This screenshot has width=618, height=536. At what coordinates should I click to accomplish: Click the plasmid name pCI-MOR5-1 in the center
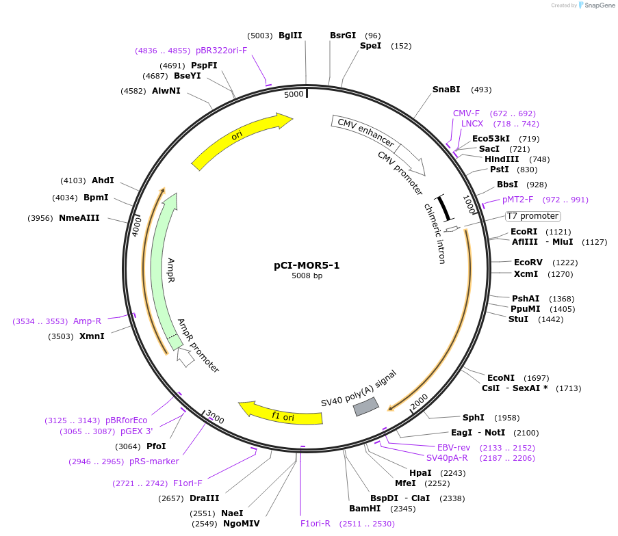(307, 265)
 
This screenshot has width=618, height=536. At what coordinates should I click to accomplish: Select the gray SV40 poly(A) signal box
(365, 407)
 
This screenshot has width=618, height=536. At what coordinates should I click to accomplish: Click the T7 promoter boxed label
(532, 216)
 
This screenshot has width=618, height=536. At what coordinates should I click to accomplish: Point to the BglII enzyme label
(290, 36)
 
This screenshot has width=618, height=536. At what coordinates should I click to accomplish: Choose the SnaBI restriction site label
(446, 90)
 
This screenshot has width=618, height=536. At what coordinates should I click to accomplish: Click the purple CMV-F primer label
(466, 113)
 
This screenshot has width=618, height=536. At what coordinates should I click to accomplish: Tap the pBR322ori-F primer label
(221, 51)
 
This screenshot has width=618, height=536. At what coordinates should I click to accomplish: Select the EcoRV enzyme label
(528, 263)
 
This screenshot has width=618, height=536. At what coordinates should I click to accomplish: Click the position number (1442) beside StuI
(551, 319)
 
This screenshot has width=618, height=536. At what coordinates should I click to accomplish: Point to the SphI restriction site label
(473, 418)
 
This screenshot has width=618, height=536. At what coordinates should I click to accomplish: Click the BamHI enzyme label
(365, 509)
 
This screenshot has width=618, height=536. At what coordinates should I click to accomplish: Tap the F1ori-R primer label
(316, 524)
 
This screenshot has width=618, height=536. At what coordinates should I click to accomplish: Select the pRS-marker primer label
(154, 461)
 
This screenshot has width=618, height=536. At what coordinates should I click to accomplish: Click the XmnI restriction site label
(92, 336)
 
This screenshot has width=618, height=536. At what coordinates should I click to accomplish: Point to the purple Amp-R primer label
(88, 321)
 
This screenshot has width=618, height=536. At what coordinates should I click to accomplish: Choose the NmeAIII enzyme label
(79, 218)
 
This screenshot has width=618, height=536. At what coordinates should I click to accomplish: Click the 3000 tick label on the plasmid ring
(214, 417)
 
